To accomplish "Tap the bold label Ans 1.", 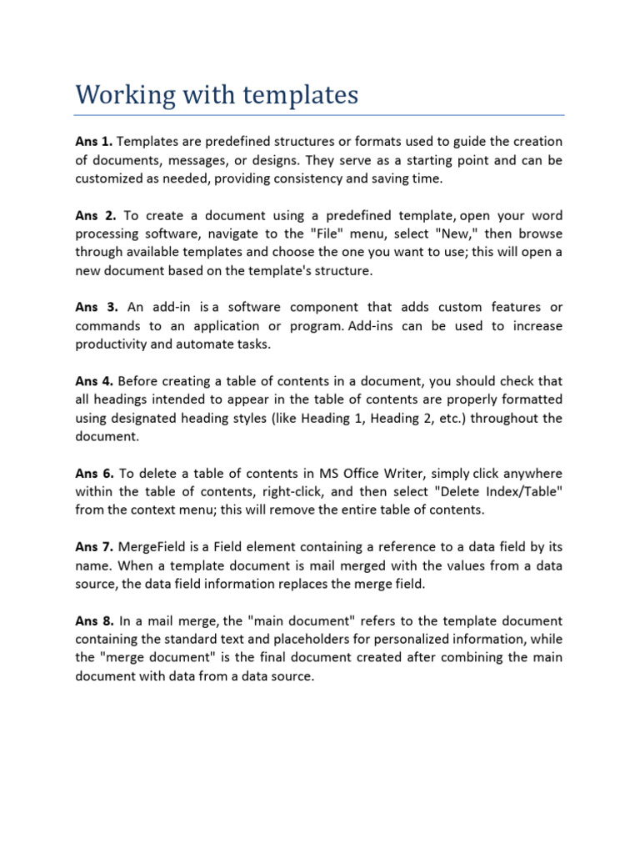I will (95, 142).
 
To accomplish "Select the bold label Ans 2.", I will (95, 215).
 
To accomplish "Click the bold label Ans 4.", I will (95, 381).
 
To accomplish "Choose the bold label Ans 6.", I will (95, 474).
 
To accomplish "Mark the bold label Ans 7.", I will (95, 547).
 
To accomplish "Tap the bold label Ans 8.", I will (95, 620).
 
